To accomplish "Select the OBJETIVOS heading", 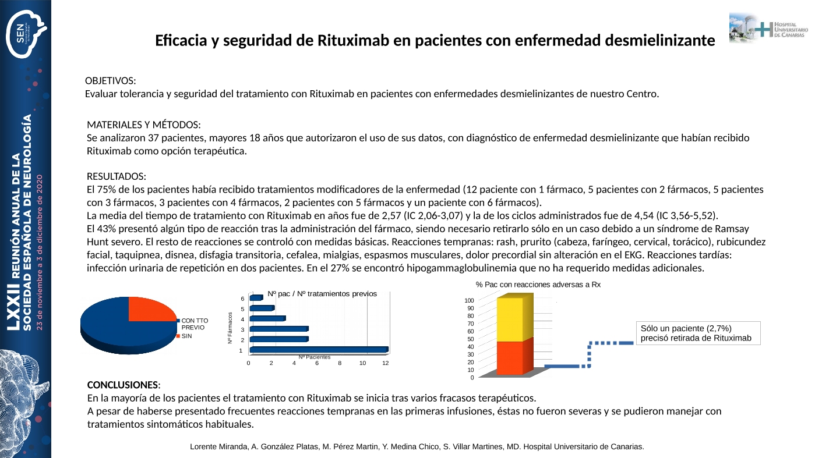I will [x=111, y=80].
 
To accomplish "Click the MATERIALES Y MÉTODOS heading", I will [x=144, y=125].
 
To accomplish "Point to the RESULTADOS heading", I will [x=116, y=176].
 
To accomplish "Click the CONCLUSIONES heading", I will [x=122, y=385].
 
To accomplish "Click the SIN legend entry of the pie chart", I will [x=187, y=336].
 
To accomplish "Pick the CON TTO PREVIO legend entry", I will [x=195, y=324].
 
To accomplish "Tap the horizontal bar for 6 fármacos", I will [x=256, y=298].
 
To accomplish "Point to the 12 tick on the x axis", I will [x=385, y=363].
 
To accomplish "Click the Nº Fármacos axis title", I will [x=231, y=328].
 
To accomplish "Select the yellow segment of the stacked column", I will [x=510, y=319].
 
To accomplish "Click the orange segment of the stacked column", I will [x=510, y=357].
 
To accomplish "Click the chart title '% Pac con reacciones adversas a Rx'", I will [x=538, y=285].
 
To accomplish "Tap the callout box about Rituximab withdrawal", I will [x=698, y=333].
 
